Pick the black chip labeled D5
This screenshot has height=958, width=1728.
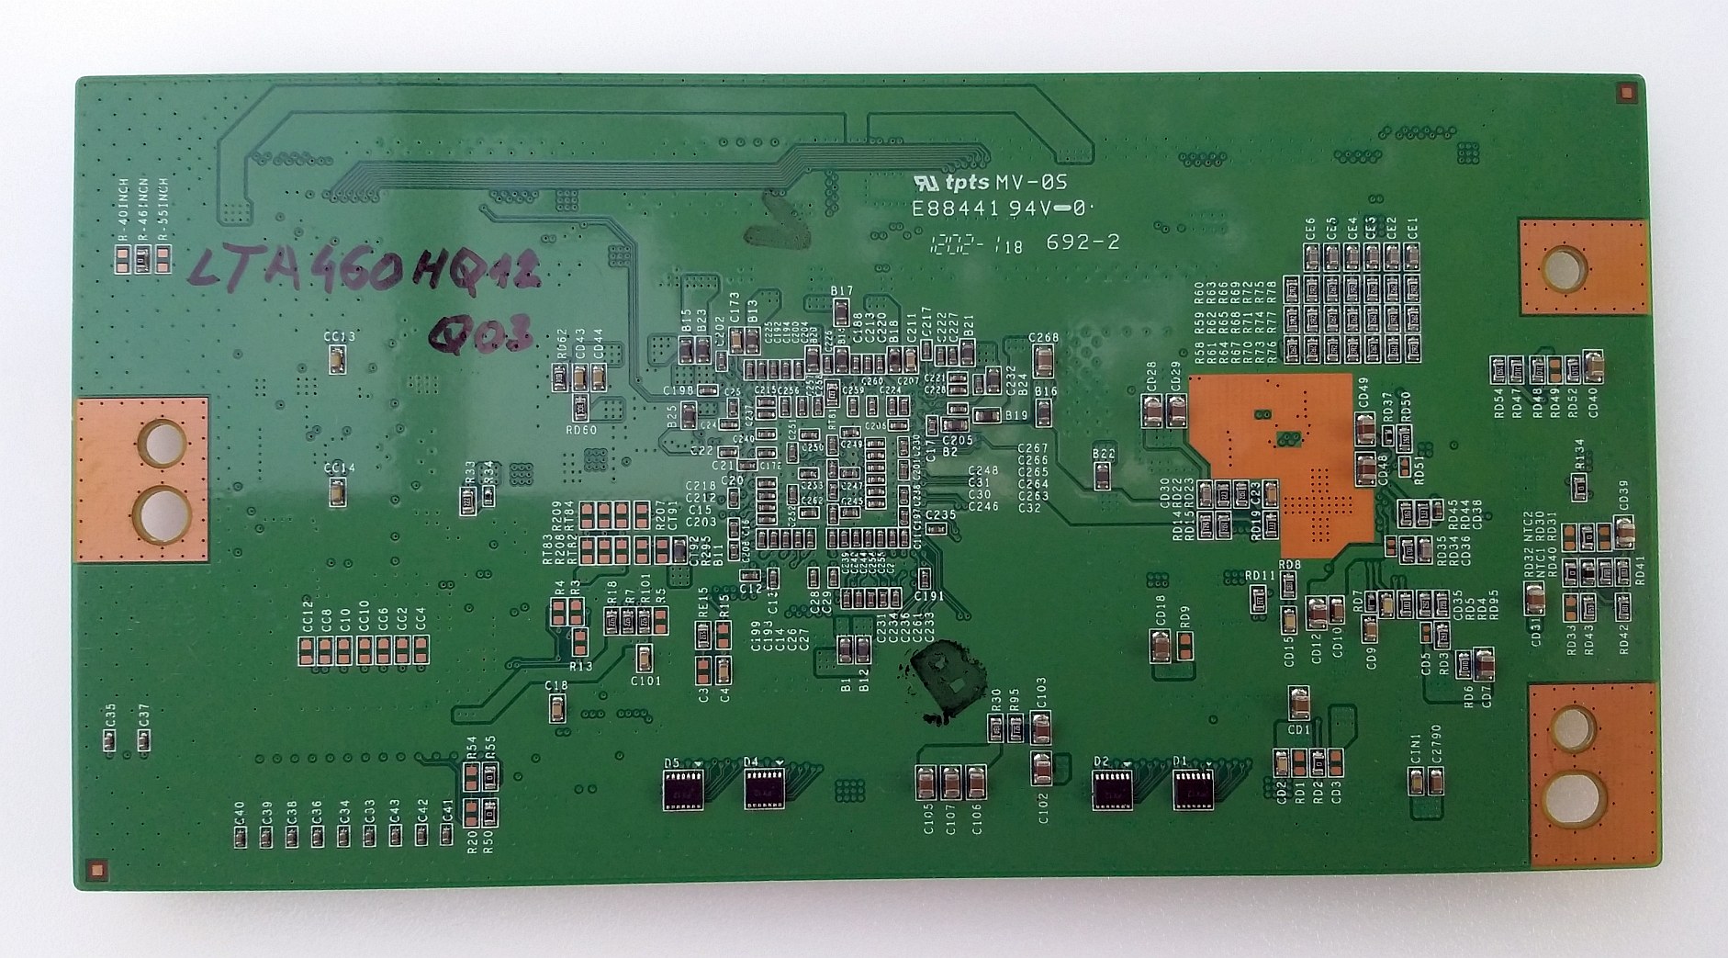683,788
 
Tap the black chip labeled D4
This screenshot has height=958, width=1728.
762,788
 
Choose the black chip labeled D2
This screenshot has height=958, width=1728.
1112,788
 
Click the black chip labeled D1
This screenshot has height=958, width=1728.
1193,788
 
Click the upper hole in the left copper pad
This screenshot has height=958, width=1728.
163,442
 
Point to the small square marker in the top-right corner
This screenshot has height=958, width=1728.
1626,92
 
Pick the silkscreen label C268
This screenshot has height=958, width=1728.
1044,337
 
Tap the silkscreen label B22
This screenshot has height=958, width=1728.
1104,454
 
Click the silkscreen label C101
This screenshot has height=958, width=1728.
645,681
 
